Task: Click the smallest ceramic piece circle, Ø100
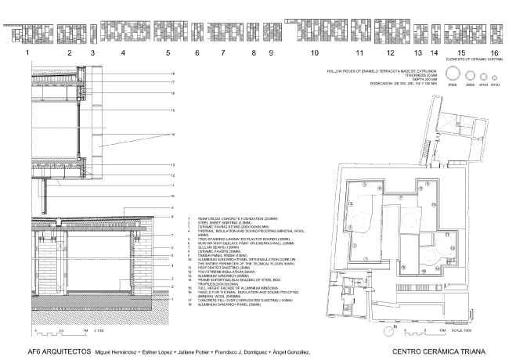pyautogui.click(x=496, y=75)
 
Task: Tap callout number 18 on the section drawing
pyautogui.click(x=171, y=74)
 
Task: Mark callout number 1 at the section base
pyautogui.click(x=171, y=299)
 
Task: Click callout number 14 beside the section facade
pyautogui.click(x=171, y=135)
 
